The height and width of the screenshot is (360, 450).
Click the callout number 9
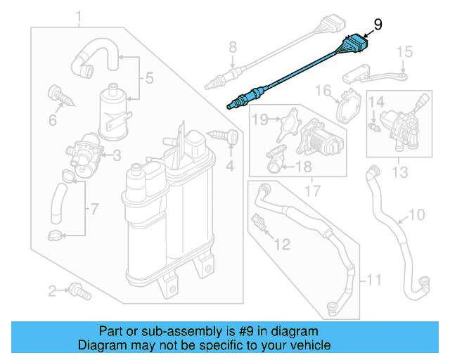[x=378, y=25]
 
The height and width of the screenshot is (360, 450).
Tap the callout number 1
[x=79, y=16]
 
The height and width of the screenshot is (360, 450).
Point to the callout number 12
[x=281, y=244]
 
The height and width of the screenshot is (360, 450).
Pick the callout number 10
[x=416, y=214]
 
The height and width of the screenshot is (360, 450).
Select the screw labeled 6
[x=59, y=96]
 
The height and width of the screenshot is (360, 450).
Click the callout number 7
[x=95, y=210]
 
